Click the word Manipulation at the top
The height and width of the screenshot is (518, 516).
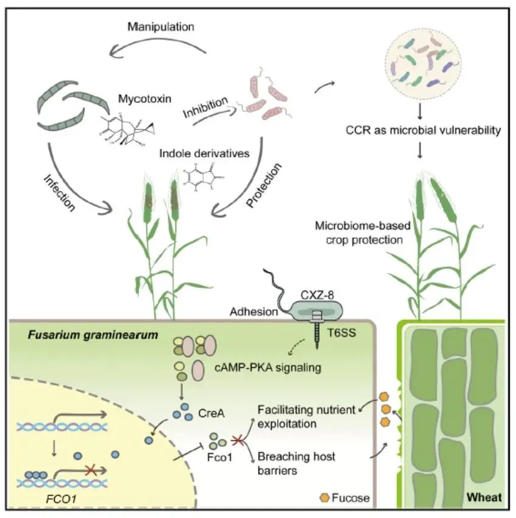[x=160, y=27]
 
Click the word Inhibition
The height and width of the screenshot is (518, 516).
[x=205, y=106]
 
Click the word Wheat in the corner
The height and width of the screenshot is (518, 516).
[x=484, y=497]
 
